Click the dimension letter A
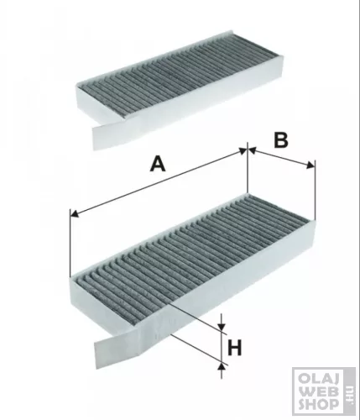click(158, 164)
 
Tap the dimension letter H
click(234, 348)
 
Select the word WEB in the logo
click(319, 391)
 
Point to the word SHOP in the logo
click(319, 404)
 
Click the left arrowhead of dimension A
click(75, 214)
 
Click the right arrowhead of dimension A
click(243, 150)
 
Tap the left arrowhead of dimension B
click(253, 150)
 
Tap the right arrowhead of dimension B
click(310, 165)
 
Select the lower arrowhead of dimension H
click(222, 367)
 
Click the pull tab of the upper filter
click(107, 134)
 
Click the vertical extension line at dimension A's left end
click(70, 243)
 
